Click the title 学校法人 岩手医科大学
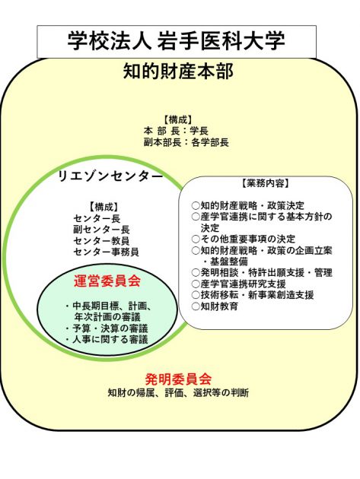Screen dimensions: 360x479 click(x=176, y=40)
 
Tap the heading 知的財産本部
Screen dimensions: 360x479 click(x=178, y=71)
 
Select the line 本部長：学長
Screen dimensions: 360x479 click(x=176, y=131)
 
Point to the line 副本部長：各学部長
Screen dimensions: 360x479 click(x=186, y=142)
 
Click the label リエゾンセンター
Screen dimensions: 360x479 click(x=110, y=176)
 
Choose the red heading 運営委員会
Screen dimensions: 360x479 click(x=107, y=281)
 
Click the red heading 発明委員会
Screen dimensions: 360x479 click(x=178, y=379)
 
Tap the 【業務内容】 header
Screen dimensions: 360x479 click(x=265, y=183)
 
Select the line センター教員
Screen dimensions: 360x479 click(x=101, y=241)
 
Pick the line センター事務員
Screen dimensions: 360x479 click(x=106, y=252)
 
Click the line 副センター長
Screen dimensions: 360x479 click(x=101, y=230)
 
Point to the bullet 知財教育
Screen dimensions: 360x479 click(x=215, y=306)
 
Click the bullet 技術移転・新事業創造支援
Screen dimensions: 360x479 click(x=253, y=295)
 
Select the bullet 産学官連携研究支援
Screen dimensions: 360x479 click(x=238, y=284)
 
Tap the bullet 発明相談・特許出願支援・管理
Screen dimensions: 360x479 click(x=262, y=272)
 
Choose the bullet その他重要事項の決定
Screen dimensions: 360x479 click(x=243, y=239)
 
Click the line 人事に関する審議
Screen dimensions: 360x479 click(x=107, y=339)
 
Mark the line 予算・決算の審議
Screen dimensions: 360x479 click(x=107, y=328)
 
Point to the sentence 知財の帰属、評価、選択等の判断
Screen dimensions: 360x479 click(x=178, y=392)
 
